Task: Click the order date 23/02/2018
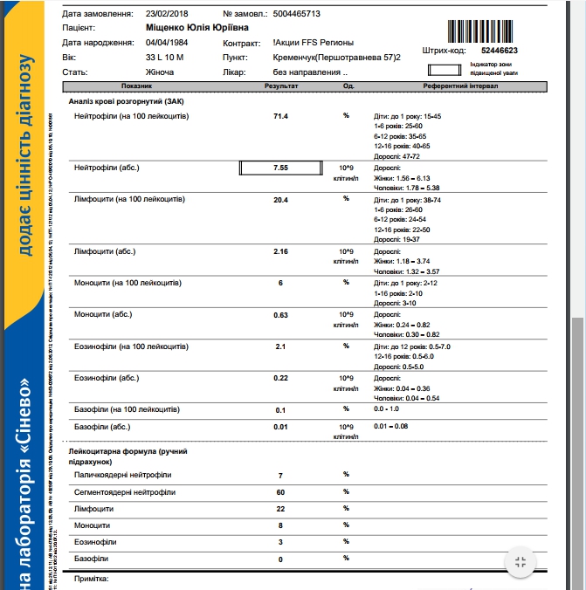(x=167, y=15)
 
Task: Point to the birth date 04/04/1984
(x=167, y=43)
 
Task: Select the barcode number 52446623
(x=500, y=51)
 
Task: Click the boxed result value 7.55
(x=280, y=167)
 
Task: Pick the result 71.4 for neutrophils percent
(x=280, y=116)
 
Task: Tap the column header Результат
(x=280, y=87)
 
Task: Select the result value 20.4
(x=280, y=199)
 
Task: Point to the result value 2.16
(x=280, y=251)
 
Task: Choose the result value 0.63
(x=280, y=314)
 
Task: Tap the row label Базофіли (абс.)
(x=103, y=427)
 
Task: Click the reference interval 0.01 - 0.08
(x=392, y=427)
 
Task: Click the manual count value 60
(x=280, y=491)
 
